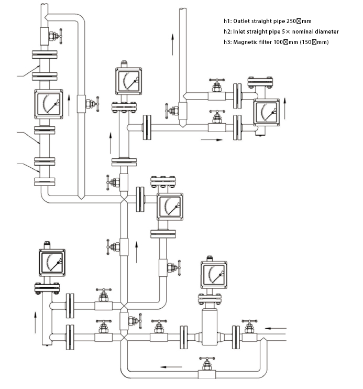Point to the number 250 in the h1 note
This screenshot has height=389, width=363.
[292, 21]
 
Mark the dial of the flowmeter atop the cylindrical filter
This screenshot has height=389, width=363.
[214, 274]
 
